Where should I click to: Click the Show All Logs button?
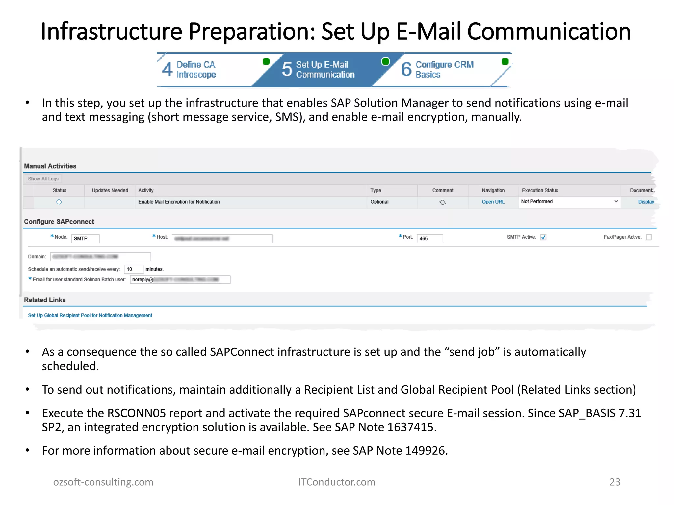[43, 179]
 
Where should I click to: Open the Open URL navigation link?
[493, 202]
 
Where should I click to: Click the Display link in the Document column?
[646, 202]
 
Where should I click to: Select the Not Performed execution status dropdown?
[569, 202]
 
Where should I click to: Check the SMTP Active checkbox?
[543, 237]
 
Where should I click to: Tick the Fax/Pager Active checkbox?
[649, 237]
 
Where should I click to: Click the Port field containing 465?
[429, 239]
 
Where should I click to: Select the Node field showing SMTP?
[85, 239]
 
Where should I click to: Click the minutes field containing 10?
[134, 269]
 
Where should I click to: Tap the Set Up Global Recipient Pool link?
[90, 315]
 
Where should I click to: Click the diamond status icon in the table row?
[59, 202]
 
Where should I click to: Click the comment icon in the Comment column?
[443, 202]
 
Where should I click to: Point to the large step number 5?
[287, 69]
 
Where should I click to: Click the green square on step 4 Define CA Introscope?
[266, 61]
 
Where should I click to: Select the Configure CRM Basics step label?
[444, 69]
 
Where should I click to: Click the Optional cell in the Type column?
[379, 202]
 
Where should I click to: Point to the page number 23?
[615, 482]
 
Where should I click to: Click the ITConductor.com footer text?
[337, 482]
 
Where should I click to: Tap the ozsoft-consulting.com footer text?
[103, 482]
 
